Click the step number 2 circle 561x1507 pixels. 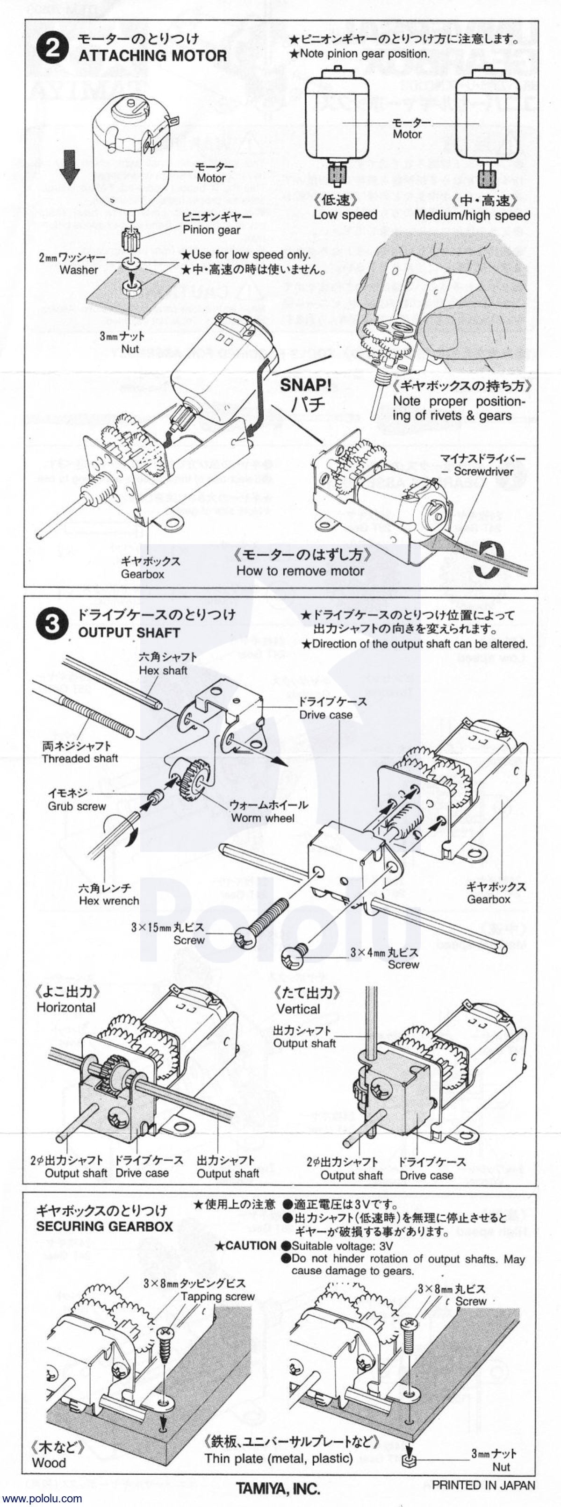[52, 47]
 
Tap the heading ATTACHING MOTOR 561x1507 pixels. [152, 56]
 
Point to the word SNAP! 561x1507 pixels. [305, 385]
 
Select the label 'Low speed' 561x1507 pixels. [345, 215]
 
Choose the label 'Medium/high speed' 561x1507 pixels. [472, 215]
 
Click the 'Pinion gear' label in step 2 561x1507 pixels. [211, 230]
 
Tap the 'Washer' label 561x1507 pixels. [79, 270]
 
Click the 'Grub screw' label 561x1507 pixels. [77, 806]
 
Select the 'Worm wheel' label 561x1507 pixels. [262, 818]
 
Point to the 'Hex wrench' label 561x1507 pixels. [109, 901]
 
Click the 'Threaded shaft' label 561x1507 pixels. [79, 759]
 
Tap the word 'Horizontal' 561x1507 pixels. [65, 1007]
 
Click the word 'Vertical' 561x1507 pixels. [298, 1009]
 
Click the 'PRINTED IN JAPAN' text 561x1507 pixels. [483, 1485]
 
